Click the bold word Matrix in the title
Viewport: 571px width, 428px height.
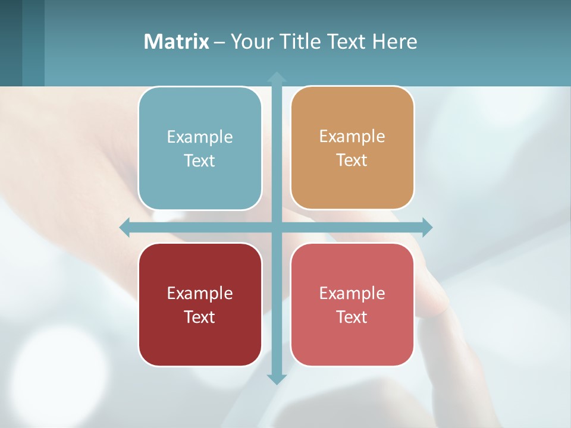tap(177, 42)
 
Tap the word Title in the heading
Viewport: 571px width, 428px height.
tap(300, 42)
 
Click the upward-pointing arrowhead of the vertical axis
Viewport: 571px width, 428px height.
tap(277, 77)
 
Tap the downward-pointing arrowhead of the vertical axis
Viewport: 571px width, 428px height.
tap(277, 379)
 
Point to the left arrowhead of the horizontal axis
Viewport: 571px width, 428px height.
tap(125, 227)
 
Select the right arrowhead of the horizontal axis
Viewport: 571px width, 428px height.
tap(427, 227)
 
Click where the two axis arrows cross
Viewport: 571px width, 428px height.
tap(277, 227)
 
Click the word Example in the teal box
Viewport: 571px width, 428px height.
tap(200, 137)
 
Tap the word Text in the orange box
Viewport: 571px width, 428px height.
tap(352, 160)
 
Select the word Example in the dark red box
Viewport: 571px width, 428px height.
tap(200, 293)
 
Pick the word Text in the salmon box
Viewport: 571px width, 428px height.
tap(352, 317)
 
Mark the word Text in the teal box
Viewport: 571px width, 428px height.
tap(200, 160)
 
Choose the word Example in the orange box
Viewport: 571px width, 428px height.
tap(352, 136)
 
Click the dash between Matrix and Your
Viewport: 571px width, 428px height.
tap(219, 42)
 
